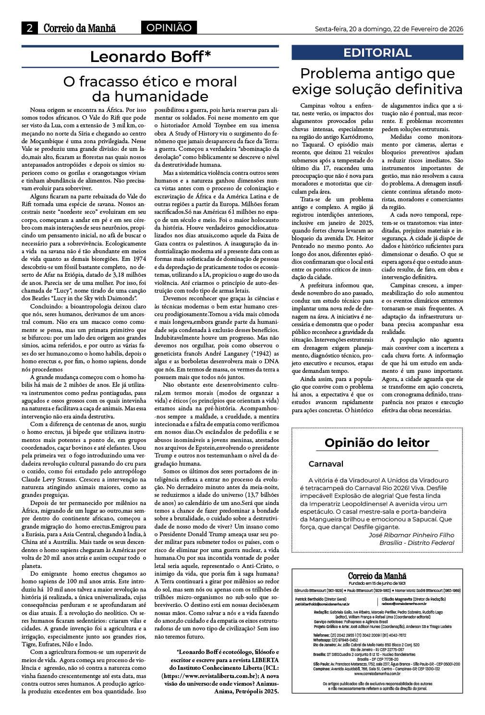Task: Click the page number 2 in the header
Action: coord(29,28)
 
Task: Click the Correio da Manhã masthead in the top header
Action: coord(79,28)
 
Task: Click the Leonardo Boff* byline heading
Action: coord(150,57)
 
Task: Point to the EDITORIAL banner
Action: coord(377,53)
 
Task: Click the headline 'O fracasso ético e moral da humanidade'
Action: coord(150,88)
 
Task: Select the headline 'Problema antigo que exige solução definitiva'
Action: coord(377,81)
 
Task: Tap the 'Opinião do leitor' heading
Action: coord(377,443)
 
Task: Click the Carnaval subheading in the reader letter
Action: coord(326,464)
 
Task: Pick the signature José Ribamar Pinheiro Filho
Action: coord(411,535)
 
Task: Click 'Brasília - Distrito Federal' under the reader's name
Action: coord(416,542)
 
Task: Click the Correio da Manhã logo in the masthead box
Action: coord(377,576)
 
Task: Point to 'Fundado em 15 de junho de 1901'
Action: coord(377,583)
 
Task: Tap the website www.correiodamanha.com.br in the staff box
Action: coord(377,673)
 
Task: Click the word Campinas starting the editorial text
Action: coord(313,105)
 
